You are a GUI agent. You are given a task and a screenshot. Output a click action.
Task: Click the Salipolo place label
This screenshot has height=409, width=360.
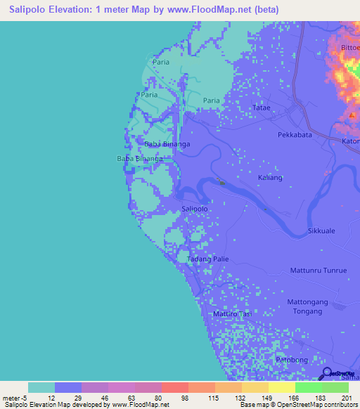tap(195, 209)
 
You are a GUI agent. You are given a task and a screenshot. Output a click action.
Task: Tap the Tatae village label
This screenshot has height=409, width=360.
tap(261, 108)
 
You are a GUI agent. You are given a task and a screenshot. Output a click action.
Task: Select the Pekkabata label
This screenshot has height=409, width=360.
tap(295, 134)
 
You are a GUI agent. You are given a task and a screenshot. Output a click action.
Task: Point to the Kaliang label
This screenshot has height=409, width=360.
tap(270, 178)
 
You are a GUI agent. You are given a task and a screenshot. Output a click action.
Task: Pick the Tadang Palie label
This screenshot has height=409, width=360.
tap(208, 259)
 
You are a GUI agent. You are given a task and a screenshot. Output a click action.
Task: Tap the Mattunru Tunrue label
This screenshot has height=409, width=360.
tap(319, 270)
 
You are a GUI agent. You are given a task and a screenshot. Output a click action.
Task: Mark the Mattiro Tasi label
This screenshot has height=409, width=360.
tap(232, 313)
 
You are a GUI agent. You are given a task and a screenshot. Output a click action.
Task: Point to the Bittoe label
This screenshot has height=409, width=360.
tap(349, 47)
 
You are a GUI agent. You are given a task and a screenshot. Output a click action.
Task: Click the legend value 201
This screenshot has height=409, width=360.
tap(342, 397)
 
